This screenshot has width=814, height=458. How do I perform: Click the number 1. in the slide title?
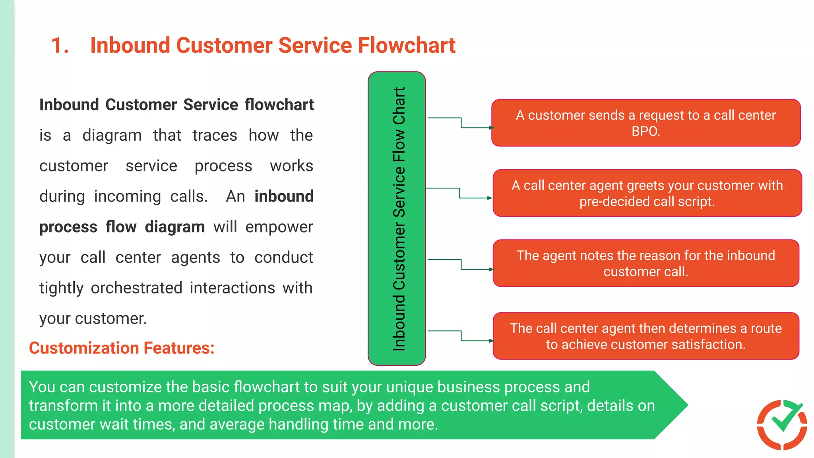point(60,45)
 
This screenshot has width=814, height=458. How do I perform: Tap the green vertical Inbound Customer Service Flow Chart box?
point(397,219)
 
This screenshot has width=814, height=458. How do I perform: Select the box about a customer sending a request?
point(645,123)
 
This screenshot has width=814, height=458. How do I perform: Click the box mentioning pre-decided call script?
point(647,193)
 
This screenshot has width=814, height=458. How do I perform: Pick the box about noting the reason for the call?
point(645,263)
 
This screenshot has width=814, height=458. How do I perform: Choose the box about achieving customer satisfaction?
point(645,336)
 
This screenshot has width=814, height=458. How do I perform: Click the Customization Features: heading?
point(122,348)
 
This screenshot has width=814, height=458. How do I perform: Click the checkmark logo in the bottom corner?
point(782,425)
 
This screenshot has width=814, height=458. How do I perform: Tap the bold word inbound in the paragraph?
point(284,196)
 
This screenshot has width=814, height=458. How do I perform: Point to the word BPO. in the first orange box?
point(645,131)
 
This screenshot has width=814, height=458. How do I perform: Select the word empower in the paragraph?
point(279,227)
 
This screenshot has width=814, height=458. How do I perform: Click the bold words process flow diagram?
point(122,227)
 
